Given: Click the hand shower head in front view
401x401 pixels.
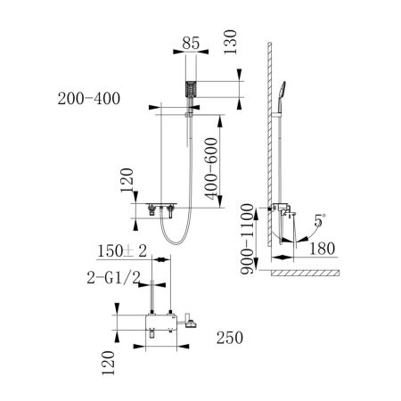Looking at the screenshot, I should (x=188, y=90).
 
